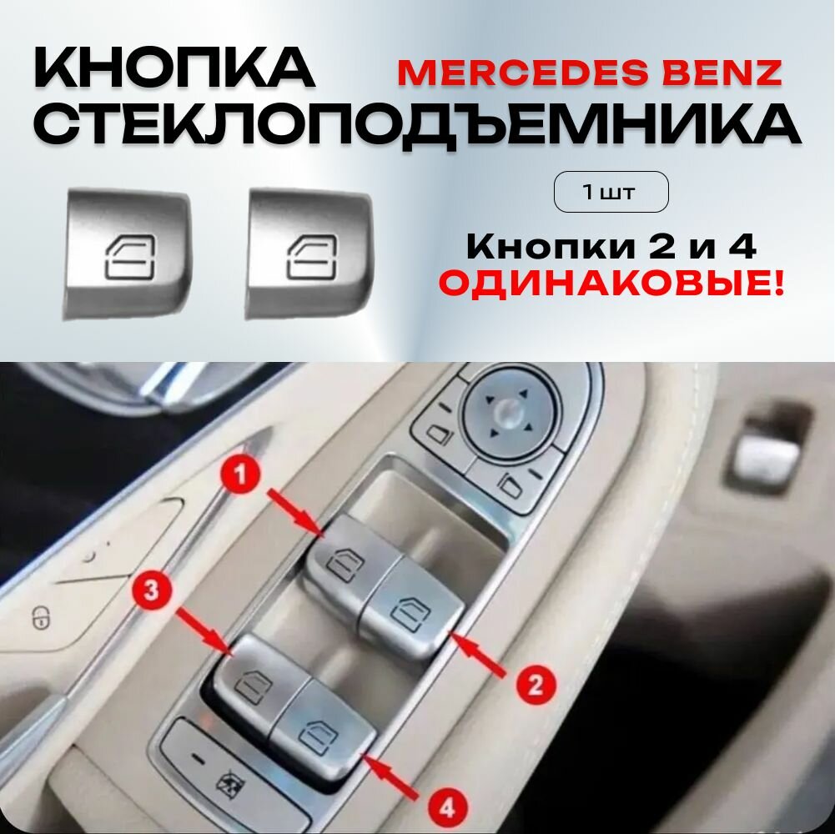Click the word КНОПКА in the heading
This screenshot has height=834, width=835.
[x=174, y=68]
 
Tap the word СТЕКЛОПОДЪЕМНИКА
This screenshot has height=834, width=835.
[x=417, y=125]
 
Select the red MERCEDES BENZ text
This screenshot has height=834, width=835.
[x=589, y=72]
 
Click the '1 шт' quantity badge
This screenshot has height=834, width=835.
[x=611, y=193]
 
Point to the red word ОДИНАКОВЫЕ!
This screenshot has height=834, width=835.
[x=611, y=286]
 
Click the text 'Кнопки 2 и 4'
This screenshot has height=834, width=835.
[x=611, y=247]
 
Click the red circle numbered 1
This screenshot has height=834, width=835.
[x=239, y=477]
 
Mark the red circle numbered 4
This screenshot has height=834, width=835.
[x=448, y=806]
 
